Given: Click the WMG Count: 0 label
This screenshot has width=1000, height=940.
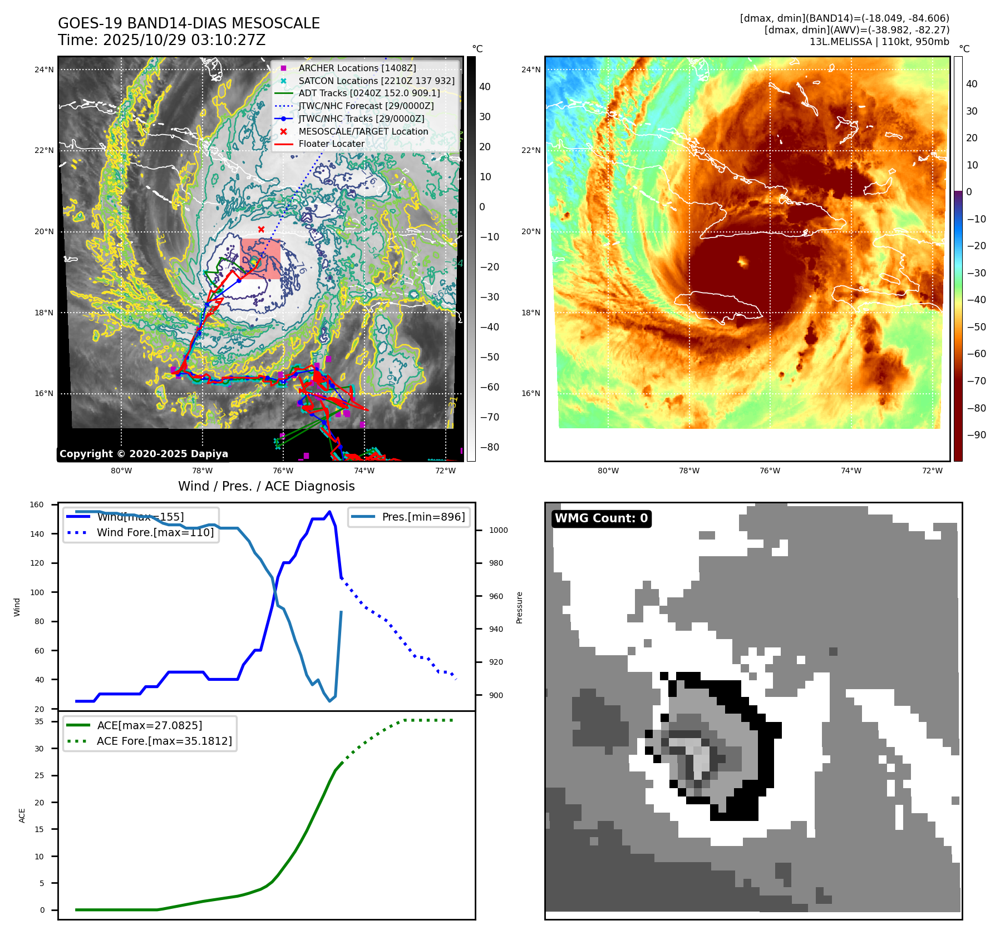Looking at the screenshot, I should (x=601, y=518).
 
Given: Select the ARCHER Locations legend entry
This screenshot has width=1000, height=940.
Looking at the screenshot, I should (x=357, y=68).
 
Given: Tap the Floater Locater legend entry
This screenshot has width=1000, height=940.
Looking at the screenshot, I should (x=331, y=144).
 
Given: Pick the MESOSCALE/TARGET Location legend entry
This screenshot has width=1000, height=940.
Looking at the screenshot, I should (x=363, y=131).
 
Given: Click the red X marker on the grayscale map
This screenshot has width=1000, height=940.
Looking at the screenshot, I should (x=261, y=229).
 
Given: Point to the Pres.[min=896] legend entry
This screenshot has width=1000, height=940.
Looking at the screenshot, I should (x=423, y=517).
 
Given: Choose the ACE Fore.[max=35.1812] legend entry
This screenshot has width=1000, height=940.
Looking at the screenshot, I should (x=164, y=741).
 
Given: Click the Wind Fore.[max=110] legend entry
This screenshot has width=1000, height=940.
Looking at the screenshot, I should (x=155, y=532).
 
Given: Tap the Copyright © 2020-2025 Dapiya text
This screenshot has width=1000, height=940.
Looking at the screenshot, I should (x=144, y=454).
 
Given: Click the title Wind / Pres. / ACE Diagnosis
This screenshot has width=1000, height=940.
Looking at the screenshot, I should (x=266, y=486).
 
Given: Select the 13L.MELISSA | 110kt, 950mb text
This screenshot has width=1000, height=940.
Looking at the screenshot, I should (x=879, y=42).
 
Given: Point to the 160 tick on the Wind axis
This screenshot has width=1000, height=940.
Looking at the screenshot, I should (x=37, y=505).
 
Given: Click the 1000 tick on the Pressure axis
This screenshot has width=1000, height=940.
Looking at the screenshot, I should (x=498, y=530).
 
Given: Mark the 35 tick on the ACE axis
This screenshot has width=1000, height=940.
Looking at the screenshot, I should (x=40, y=721).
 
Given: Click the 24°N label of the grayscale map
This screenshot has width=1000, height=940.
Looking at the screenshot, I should (x=44, y=70).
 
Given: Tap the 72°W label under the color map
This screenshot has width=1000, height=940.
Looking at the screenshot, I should (x=932, y=471).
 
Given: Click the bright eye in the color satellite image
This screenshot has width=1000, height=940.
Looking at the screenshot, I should (x=742, y=261).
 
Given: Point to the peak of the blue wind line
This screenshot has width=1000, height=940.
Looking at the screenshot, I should (x=329, y=511).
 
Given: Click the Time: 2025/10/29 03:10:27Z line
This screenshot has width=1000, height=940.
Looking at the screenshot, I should (x=161, y=40).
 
